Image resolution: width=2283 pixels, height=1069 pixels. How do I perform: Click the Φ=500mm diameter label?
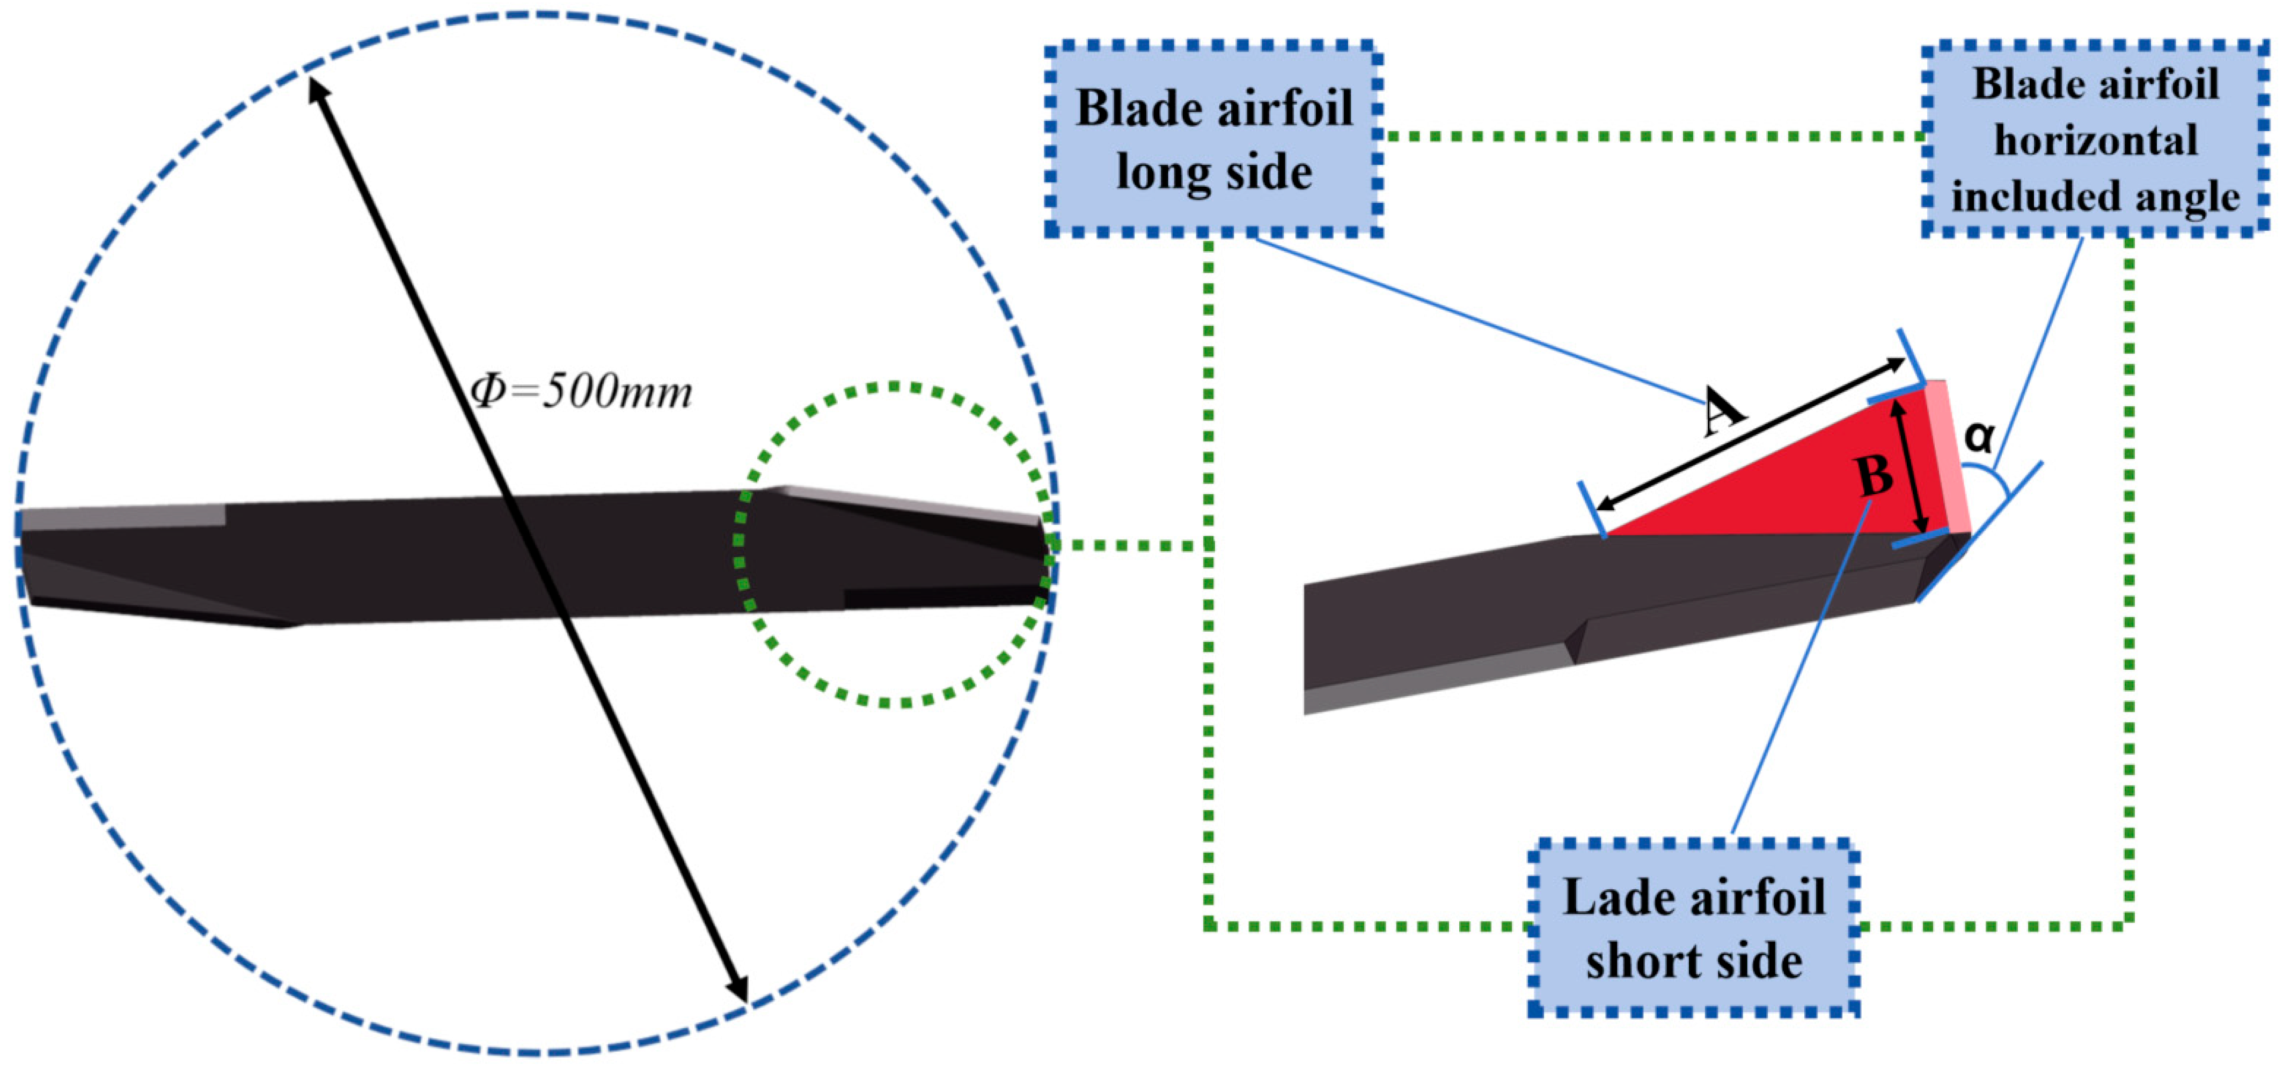pyautogui.click(x=581, y=391)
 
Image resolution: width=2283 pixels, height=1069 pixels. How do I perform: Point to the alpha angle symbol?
pyautogui.click(x=1979, y=437)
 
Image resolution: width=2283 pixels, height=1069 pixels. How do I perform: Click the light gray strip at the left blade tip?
pyautogui.click(x=124, y=518)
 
